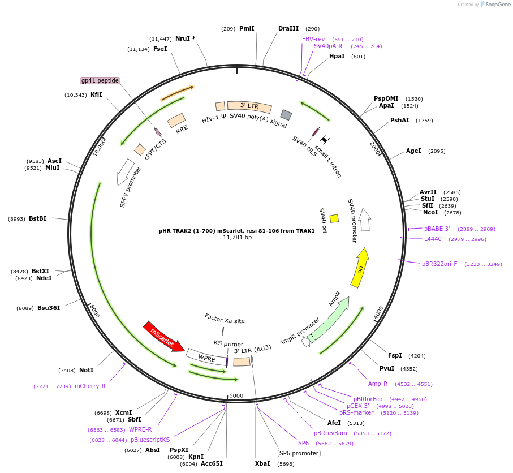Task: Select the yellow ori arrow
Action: pos(360,268)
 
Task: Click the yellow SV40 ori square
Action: pos(334,218)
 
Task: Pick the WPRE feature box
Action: pos(207,358)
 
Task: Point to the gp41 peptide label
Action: pos(100,80)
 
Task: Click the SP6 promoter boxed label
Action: pos(299,453)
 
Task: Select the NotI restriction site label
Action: pos(87,370)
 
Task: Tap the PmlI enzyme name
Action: pos(247,28)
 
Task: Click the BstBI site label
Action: pos(38,218)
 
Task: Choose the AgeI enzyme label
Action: pos(413,150)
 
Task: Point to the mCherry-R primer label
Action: pos(90,386)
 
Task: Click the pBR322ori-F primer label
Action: pos(439,264)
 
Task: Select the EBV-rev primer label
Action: pos(313,39)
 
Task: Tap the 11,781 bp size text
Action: pos(237,237)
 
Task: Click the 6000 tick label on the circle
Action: pos(236,395)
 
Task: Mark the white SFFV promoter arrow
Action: pos(124,172)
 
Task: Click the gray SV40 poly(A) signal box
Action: pos(286,115)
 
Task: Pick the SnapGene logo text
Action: pos(497,5)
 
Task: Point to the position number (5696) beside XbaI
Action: pos(286,464)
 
